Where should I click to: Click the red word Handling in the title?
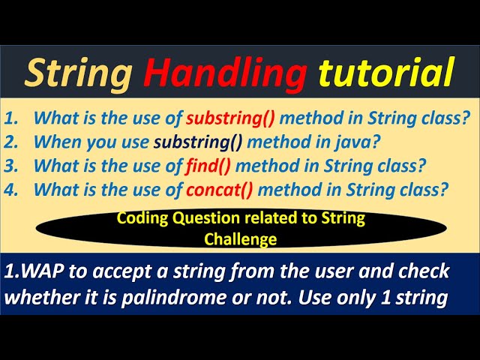click(224, 73)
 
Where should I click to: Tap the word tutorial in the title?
click(385, 73)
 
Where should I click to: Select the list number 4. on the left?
click(13, 190)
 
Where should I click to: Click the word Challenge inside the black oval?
click(239, 239)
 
